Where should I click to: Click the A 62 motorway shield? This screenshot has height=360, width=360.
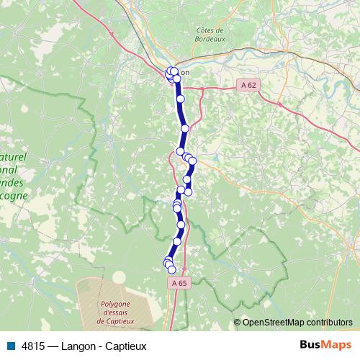pyautogui.click(x=248, y=85)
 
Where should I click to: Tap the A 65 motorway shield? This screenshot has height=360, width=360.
pyautogui.click(x=179, y=283)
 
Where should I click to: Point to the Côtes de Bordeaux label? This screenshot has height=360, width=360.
pyautogui.click(x=210, y=34)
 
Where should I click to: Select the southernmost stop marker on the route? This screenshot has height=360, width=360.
pyautogui.click(x=171, y=269)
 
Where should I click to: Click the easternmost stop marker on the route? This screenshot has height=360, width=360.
pyautogui.click(x=192, y=161)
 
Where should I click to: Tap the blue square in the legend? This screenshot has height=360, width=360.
pyautogui.click(x=10, y=346)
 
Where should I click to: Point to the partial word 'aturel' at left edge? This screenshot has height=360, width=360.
pyautogui.click(x=15, y=156)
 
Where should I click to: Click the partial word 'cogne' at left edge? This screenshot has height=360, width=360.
pyautogui.click(x=14, y=195)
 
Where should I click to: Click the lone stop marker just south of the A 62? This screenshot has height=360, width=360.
pyautogui.click(x=181, y=99)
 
